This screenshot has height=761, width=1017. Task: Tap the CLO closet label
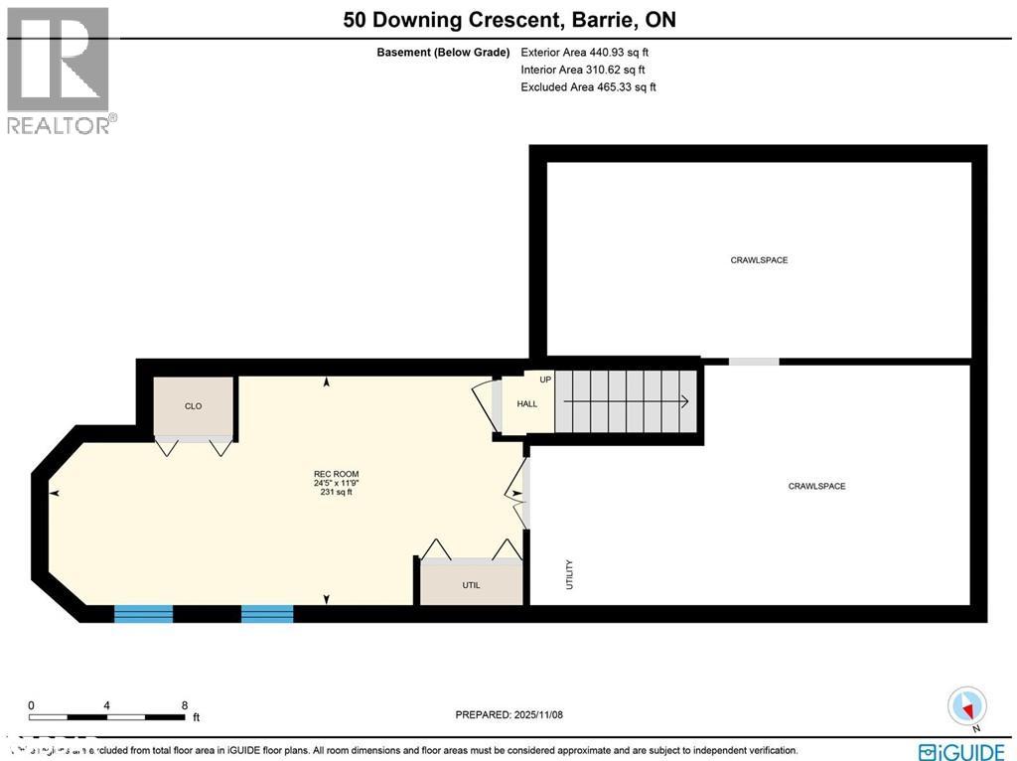pyautogui.click(x=193, y=405)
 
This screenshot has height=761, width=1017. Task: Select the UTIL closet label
pyautogui.click(x=471, y=585)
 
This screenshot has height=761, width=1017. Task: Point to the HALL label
pyautogui.click(x=526, y=403)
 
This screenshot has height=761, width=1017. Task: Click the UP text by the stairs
pyautogui.click(x=545, y=380)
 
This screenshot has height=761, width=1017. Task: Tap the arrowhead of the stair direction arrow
pyautogui.click(x=685, y=401)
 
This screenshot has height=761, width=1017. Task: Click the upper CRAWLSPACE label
pyautogui.click(x=759, y=259)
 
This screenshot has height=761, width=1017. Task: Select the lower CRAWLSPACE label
pyautogui.click(x=816, y=486)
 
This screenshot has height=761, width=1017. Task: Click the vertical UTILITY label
pyautogui.click(x=570, y=574)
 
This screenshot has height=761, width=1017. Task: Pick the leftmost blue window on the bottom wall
pyautogui.click(x=143, y=613)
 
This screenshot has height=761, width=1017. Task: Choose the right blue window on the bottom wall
pyautogui.click(x=267, y=613)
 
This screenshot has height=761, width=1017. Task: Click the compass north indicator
pyautogui.click(x=967, y=707)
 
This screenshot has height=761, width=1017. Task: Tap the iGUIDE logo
pyautogui.click(x=961, y=751)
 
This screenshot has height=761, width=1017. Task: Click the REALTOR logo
pyautogui.click(x=60, y=70)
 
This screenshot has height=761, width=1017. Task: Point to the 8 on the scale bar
pyautogui.click(x=185, y=704)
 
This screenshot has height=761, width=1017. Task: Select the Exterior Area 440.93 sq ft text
pyautogui.click(x=586, y=52)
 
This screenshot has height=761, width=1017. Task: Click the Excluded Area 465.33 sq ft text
pyautogui.click(x=588, y=87)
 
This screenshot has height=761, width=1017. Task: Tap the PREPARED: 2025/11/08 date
pyautogui.click(x=508, y=714)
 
